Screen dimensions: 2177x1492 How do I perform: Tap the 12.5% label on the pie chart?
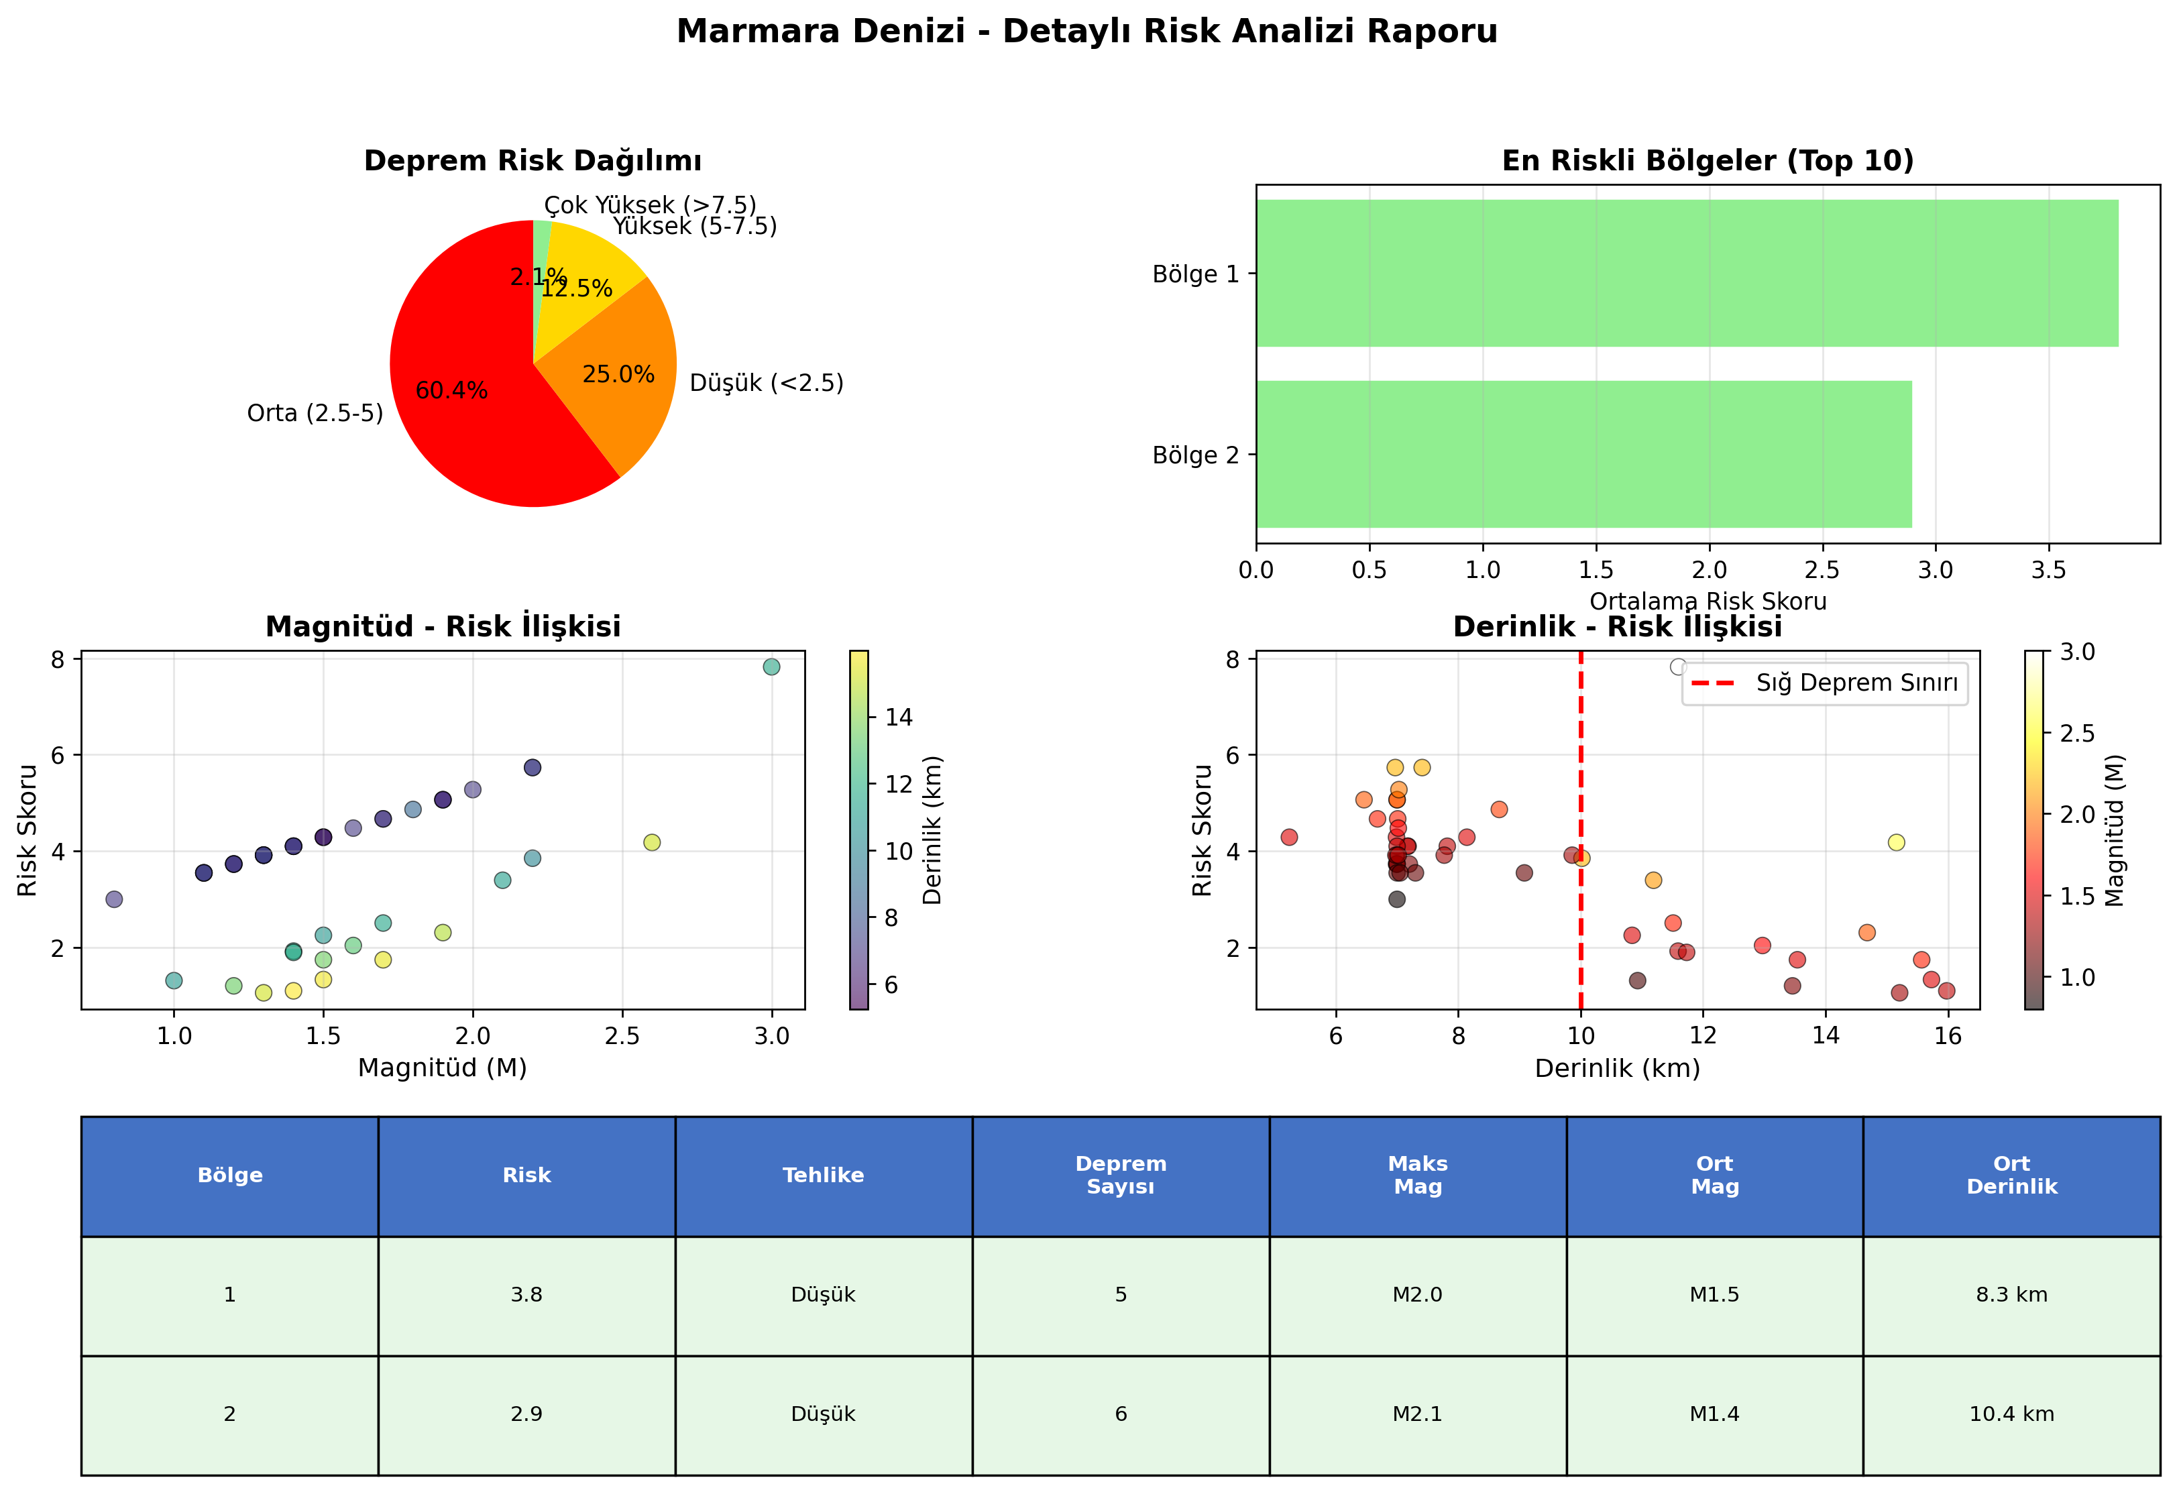pyautogui.click(x=577, y=288)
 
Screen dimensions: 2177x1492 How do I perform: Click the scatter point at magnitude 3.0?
pyautogui.click(x=772, y=667)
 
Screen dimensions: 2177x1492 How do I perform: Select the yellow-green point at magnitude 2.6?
pyautogui.click(x=652, y=842)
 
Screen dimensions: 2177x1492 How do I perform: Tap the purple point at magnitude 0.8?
pyautogui.click(x=114, y=899)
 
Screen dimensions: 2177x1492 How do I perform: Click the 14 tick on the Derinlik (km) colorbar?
pyautogui.click(x=897, y=718)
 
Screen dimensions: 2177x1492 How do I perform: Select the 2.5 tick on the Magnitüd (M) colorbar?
pyautogui.click(x=2076, y=734)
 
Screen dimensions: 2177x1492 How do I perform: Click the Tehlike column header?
pyautogui.click(x=824, y=1175)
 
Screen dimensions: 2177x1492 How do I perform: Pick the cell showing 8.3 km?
pyautogui.click(x=2011, y=1296)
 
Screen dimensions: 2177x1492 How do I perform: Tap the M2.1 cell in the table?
pyautogui.click(x=1417, y=1414)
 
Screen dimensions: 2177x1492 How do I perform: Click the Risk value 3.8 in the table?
pyautogui.click(x=526, y=1296)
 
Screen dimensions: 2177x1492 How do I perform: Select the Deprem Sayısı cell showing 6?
pyautogui.click(x=1120, y=1414)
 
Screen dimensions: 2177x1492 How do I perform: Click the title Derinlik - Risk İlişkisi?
pyautogui.click(x=1617, y=626)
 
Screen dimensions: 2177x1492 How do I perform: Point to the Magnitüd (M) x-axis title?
pyautogui.click(x=442, y=1068)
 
